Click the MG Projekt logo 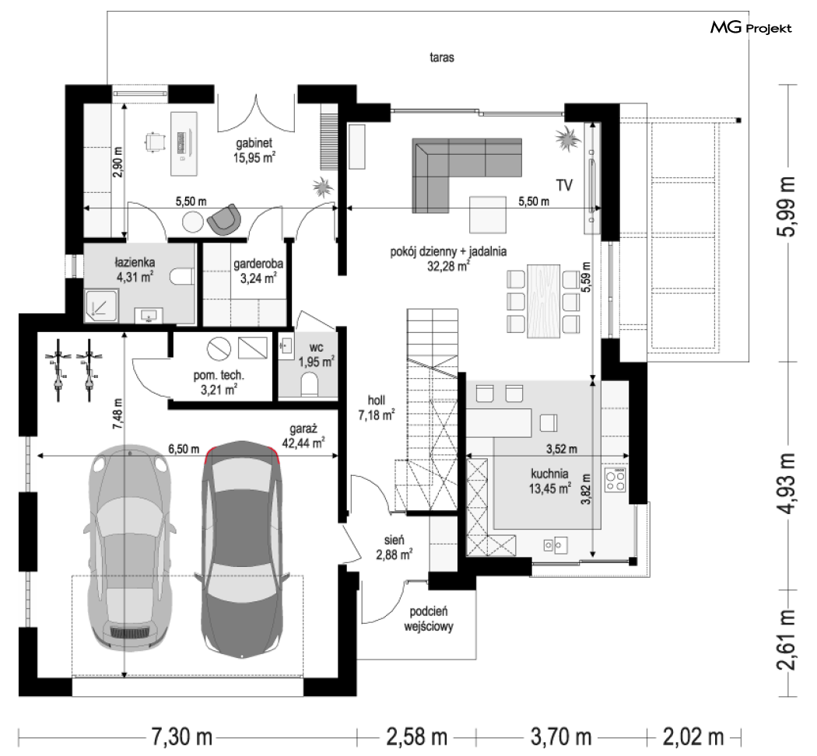(751, 28)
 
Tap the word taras (442, 58)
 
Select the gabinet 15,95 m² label (254, 150)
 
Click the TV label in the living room (565, 185)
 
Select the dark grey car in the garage (242, 547)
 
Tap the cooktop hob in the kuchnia (615, 481)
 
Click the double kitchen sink (556, 545)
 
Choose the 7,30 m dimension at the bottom (181, 737)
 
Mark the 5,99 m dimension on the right (786, 206)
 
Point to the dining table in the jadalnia (543, 301)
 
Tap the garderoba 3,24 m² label (258, 271)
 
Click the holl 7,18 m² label (376, 407)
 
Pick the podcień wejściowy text (428, 618)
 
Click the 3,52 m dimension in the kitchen (562, 449)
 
